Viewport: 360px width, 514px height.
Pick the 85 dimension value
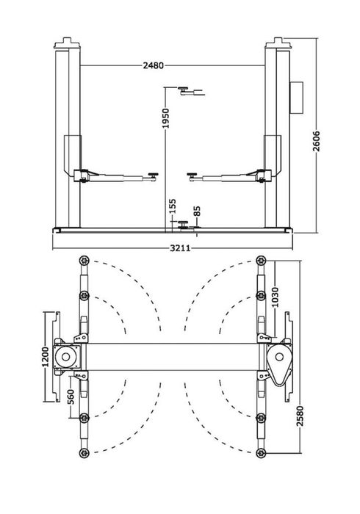pyautogui.click(x=196, y=211)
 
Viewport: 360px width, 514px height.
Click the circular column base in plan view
pyautogui.click(x=70, y=358)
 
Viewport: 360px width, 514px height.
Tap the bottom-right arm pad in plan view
pyautogui.click(x=260, y=452)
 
